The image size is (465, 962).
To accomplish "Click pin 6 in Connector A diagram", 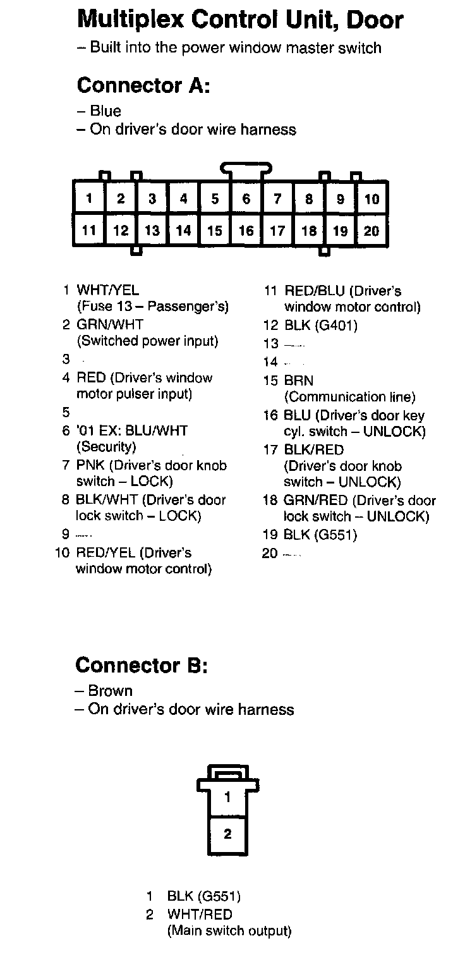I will [x=246, y=199].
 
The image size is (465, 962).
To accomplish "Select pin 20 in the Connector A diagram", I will [x=371, y=231].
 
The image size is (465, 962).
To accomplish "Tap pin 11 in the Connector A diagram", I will [x=89, y=231].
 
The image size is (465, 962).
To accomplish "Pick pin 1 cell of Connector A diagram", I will [x=89, y=199].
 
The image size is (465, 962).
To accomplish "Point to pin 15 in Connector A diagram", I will [x=215, y=231].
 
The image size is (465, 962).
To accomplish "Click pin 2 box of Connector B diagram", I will [x=227, y=834].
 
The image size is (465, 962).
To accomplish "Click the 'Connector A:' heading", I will [x=143, y=85].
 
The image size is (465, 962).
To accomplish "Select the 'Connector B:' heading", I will [x=142, y=666].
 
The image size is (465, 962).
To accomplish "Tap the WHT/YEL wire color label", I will [x=107, y=291].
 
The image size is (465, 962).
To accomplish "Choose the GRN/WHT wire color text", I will [x=110, y=325].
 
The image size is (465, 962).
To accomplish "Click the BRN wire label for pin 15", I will [x=298, y=381].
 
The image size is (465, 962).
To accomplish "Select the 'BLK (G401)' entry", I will [x=320, y=326].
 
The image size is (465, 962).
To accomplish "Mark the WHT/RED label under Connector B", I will [x=200, y=915].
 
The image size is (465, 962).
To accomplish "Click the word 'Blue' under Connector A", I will [x=106, y=111].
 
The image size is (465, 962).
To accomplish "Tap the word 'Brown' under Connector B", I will [x=111, y=691].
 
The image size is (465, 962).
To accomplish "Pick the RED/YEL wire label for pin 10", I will [x=105, y=553].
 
